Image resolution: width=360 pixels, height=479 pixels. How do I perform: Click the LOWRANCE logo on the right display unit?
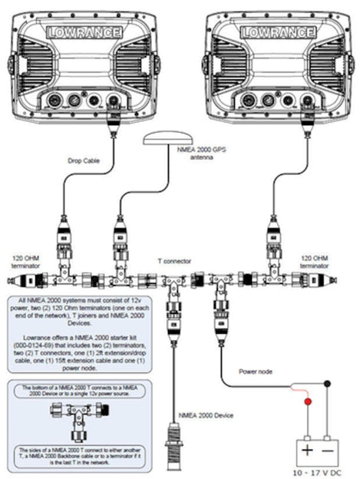tap(272, 32)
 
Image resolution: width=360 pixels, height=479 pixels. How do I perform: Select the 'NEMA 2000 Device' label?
tap(205, 415)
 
